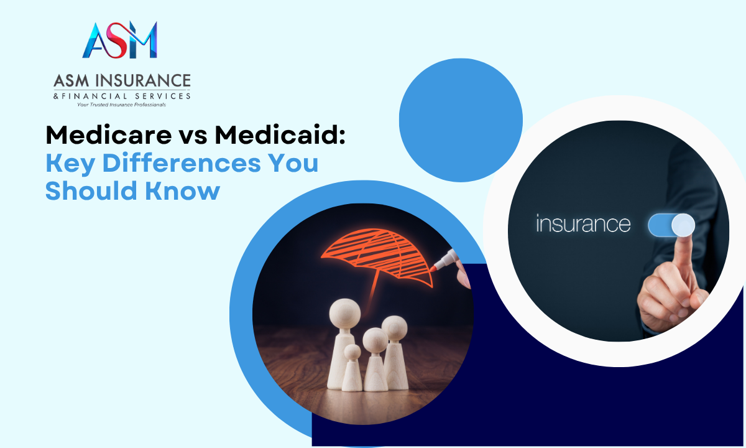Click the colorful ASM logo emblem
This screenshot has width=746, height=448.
(120, 40)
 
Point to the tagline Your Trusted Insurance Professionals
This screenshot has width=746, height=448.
(122, 105)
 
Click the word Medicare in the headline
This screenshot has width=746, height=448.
(109, 136)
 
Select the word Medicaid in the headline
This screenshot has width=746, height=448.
(280, 136)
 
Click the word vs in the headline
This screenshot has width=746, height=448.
(193, 138)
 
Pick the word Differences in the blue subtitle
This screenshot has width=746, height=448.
(182, 163)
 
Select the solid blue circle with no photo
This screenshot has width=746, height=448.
(461, 120)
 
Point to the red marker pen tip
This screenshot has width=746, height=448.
(433, 268)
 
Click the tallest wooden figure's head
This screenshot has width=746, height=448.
(345, 314)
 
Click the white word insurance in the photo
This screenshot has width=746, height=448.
(583, 223)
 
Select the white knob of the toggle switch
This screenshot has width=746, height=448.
(683, 225)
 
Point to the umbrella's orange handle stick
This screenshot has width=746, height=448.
(374, 287)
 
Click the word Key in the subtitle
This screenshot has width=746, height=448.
(70, 163)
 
